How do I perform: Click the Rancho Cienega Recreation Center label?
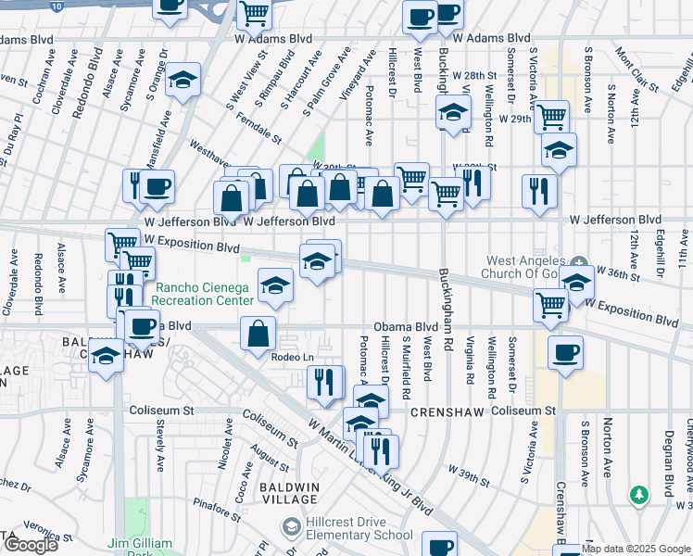click(204, 294)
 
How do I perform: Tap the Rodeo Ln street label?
click(291, 357)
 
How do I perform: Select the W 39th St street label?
click(467, 476)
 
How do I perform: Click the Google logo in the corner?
click(31, 545)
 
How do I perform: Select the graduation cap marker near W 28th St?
click(453, 112)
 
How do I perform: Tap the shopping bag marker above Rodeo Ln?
click(258, 333)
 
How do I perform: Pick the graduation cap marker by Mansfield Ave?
click(183, 80)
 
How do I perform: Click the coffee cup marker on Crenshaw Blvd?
click(564, 352)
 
